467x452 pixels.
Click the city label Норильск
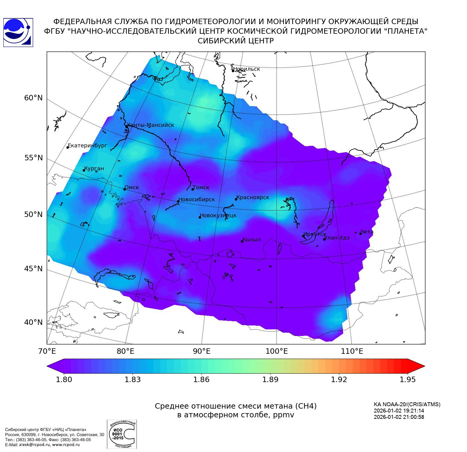[x=246, y=69]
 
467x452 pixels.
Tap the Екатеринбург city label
[x=87, y=146]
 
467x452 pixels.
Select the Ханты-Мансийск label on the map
[x=151, y=125]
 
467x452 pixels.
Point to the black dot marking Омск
[x=124, y=189]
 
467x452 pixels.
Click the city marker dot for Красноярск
[x=236, y=199]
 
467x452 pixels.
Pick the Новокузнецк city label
[x=218, y=215]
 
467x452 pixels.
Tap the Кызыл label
[x=252, y=240]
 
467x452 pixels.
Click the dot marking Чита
[x=360, y=234]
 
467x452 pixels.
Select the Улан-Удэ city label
[x=337, y=238]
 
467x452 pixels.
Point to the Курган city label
[x=94, y=168]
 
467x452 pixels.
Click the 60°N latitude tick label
[x=33, y=98]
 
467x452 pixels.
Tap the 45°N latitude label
[x=33, y=268]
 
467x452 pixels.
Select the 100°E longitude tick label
[x=277, y=351]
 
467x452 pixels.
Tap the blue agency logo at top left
[x=18, y=33]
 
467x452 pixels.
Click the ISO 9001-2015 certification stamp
[x=122, y=434]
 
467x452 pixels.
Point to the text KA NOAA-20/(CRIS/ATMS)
[x=407, y=404]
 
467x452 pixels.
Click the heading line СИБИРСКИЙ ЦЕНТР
[x=236, y=41]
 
